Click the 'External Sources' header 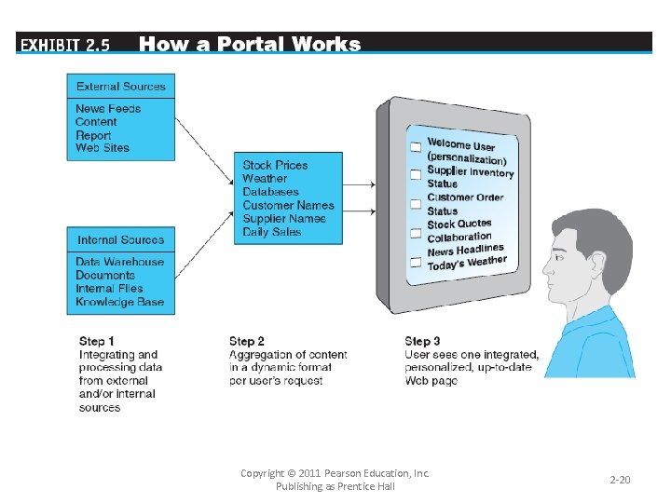click(x=120, y=87)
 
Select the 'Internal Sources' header click(x=120, y=240)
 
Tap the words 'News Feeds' click(x=108, y=109)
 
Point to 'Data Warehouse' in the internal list click(x=119, y=263)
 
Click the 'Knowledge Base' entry click(x=119, y=302)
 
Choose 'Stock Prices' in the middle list click(x=275, y=165)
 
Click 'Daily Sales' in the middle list click(x=272, y=232)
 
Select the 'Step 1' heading click(x=97, y=342)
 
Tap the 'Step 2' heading click(x=247, y=342)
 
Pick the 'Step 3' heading click(x=423, y=342)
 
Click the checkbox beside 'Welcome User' click(x=416, y=147)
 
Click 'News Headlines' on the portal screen click(x=465, y=251)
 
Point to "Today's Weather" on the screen click(x=467, y=264)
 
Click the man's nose click(x=544, y=279)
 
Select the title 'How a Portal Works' click(x=249, y=44)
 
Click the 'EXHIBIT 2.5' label click(x=64, y=45)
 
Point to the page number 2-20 click(x=620, y=480)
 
